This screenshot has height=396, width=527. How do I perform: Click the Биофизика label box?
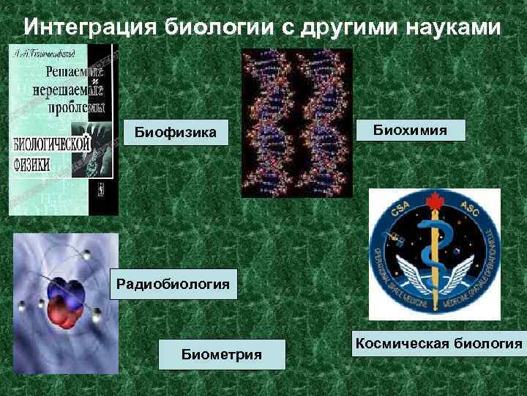pyautogui.click(x=175, y=132)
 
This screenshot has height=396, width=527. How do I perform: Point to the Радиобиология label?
pyautogui.click(x=173, y=283)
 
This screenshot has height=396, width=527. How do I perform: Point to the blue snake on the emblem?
pyautogui.click(x=432, y=242)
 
